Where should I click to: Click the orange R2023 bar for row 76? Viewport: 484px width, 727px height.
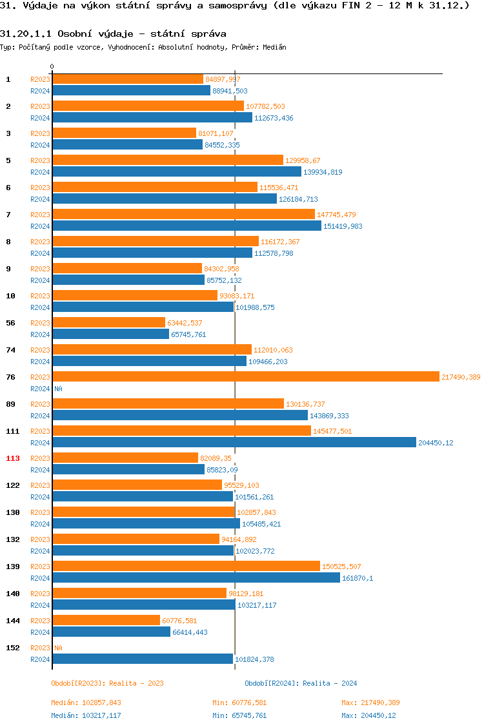(245, 376)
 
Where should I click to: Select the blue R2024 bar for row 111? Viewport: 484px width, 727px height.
(234, 442)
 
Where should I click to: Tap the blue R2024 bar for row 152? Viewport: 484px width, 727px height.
(143, 659)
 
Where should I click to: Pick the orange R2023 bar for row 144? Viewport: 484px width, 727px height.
(106, 620)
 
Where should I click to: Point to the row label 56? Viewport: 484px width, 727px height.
(11, 323)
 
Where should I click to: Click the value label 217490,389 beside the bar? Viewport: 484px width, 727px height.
(461, 377)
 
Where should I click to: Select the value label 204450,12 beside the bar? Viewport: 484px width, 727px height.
(436, 443)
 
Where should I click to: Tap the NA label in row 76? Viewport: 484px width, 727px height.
(58, 389)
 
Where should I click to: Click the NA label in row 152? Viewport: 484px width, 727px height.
(58, 648)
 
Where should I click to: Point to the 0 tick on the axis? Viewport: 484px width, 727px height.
(52, 66)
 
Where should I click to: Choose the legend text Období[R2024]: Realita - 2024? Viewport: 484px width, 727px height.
(301, 683)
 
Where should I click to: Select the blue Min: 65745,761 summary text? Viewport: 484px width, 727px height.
(239, 715)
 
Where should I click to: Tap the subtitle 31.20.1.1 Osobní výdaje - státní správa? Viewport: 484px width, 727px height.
(113, 33)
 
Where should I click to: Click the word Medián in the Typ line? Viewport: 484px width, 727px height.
(274, 47)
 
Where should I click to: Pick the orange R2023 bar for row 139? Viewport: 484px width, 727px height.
(186, 566)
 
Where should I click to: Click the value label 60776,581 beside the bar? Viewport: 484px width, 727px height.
(179, 621)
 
